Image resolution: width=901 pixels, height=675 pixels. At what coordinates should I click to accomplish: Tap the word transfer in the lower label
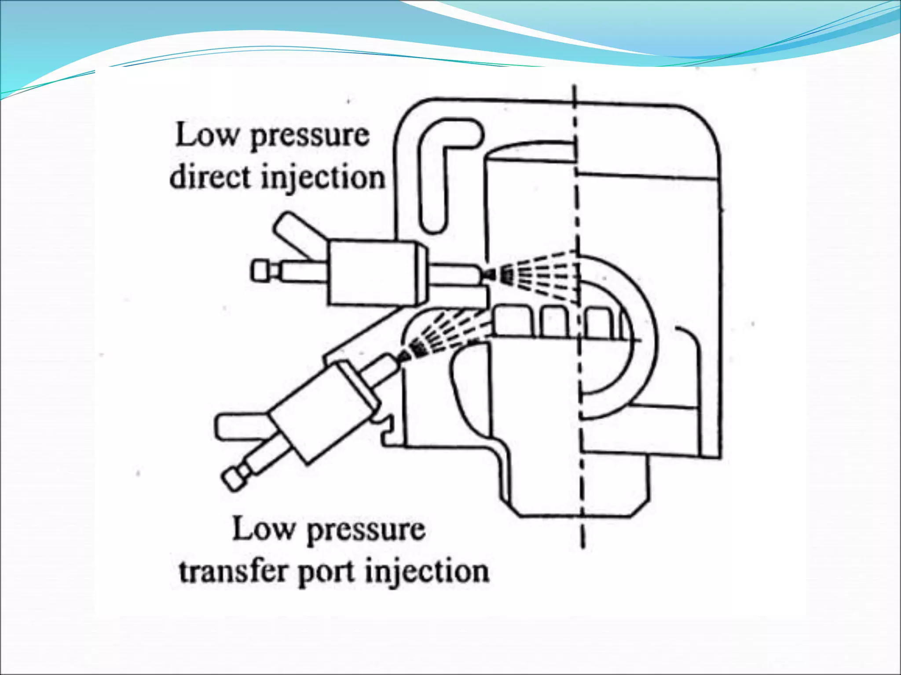click(x=235, y=571)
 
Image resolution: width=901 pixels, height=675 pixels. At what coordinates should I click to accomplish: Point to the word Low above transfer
click(x=263, y=529)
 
